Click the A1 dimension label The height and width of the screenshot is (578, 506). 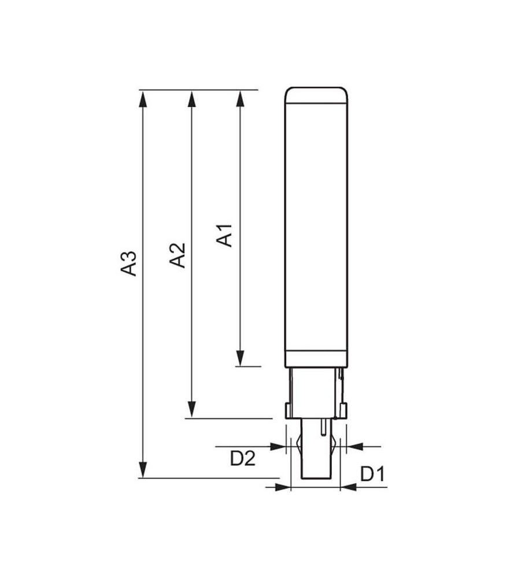[x=226, y=235]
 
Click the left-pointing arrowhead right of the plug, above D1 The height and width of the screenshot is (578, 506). [x=353, y=446]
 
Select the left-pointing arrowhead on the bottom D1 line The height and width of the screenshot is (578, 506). [x=348, y=487]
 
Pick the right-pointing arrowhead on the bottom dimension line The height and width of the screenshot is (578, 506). [x=282, y=487]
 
